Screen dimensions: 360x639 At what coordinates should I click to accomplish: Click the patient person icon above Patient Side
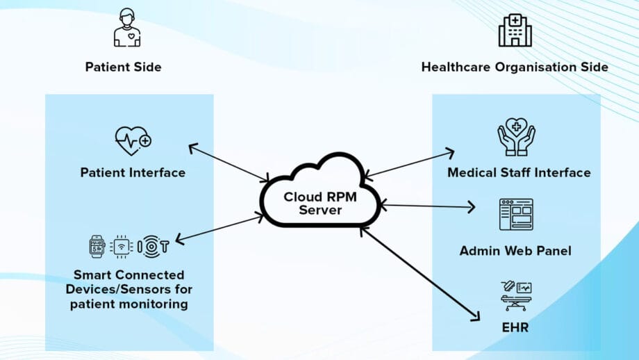(126, 28)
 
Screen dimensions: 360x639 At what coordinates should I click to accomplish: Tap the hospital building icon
(515, 29)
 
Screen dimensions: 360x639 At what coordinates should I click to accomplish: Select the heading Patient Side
(123, 67)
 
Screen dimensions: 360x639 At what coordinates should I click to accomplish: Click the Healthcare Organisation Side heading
(515, 67)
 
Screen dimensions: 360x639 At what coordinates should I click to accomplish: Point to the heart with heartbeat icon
(133, 141)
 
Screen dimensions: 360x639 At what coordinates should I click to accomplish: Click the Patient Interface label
(133, 172)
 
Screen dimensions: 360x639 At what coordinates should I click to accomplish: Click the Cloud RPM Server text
(320, 203)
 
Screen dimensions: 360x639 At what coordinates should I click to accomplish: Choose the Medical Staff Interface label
(518, 172)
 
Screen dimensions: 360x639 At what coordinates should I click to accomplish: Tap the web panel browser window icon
(516, 214)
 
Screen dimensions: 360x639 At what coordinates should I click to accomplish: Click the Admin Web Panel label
(515, 250)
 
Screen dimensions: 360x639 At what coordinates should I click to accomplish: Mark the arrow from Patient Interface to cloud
(229, 163)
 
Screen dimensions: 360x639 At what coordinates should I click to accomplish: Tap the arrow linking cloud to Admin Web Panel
(427, 206)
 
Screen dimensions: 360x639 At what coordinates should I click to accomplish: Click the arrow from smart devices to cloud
(219, 229)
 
